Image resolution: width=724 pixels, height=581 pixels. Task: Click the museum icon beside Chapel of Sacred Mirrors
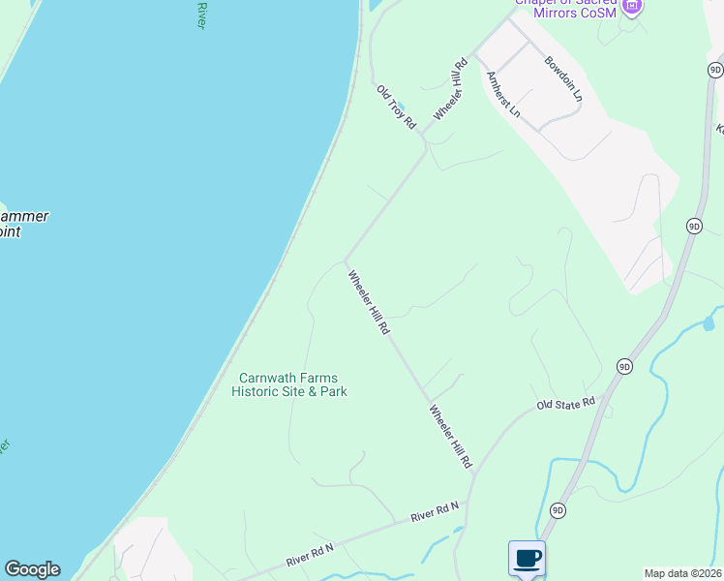(632, 7)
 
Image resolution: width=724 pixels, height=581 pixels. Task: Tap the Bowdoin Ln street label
(563, 78)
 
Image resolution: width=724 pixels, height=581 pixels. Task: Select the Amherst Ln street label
(503, 95)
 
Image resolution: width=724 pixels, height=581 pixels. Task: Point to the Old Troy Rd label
(396, 107)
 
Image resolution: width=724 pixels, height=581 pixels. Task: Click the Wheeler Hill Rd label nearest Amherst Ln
(451, 89)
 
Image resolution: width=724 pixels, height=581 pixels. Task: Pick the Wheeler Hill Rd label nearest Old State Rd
(450, 438)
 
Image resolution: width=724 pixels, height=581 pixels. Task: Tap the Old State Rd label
(565, 403)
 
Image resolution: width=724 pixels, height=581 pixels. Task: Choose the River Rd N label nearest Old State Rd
(435, 512)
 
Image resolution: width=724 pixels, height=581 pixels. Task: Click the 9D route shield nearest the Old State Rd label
(624, 366)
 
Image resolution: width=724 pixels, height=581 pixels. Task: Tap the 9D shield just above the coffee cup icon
(558, 510)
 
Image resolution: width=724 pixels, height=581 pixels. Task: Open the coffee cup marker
(527, 558)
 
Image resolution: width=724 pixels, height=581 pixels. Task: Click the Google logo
(32, 569)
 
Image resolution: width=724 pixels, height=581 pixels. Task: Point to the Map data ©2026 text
(683, 573)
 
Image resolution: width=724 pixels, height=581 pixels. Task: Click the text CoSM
(596, 14)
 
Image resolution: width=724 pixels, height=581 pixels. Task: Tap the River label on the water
(201, 15)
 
